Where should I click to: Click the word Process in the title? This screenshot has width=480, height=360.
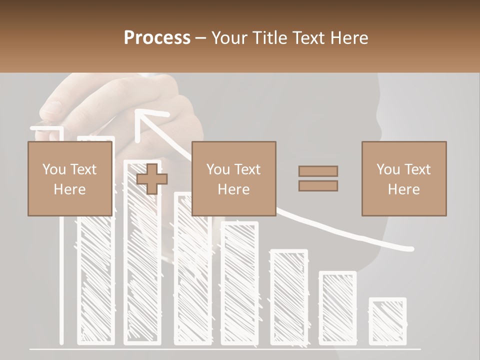pyautogui.click(x=157, y=37)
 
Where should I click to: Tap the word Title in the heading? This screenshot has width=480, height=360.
pyautogui.click(x=270, y=37)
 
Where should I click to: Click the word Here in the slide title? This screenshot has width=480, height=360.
pyautogui.click(x=349, y=37)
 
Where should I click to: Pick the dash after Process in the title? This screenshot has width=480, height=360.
pyautogui.click(x=201, y=38)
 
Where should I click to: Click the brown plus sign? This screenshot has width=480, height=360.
pyautogui.click(x=152, y=179)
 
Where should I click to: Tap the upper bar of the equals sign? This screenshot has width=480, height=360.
pyautogui.click(x=318, y=171)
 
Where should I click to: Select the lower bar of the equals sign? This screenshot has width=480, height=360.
pyautogui.click(x=318, y=186)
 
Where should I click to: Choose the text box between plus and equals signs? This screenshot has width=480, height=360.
pyautogui.click(x=233, y=178)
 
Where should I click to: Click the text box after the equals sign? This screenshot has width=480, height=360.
pyautogui.click(x=404, y=178)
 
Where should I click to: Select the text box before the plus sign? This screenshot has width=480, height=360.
pyautogui.click(x=70, y=178)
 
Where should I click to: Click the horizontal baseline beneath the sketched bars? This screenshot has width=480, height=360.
pyautogui.click(x=225, y=348)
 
